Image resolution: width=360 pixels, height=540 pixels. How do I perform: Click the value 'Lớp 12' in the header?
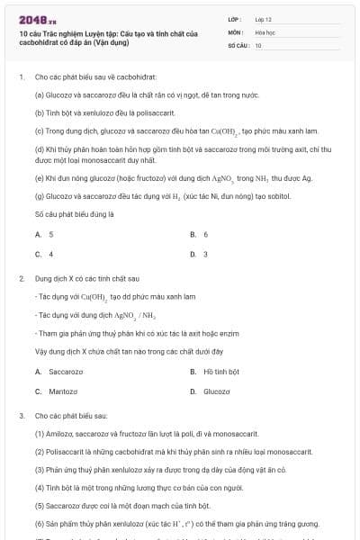[x=263, y=18]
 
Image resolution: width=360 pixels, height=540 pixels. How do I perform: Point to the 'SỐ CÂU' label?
[x=238, y=43]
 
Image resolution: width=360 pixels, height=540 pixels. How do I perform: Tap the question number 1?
[x=20, y=76]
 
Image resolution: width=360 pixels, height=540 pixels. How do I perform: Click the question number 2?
[x=20, y=279]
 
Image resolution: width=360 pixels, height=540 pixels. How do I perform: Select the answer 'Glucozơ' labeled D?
[x=217, y=391]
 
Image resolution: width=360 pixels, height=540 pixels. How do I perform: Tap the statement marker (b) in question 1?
[x=40, y=113]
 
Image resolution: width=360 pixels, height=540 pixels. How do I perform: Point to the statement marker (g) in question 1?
[x=40, y=195]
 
